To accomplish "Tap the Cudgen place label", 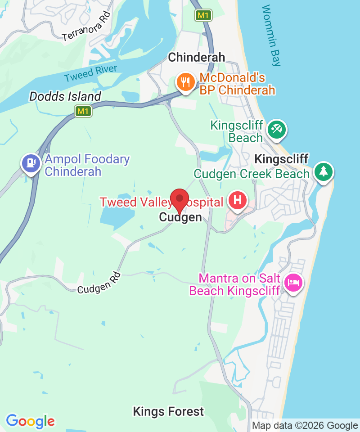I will point(180,218).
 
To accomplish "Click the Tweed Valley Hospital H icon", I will point(238,200).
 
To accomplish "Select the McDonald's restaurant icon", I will point(185,82).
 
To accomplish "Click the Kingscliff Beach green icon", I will point(275,130).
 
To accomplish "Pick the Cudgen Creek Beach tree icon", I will point(323,172).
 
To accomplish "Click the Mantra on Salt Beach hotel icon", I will point(293,283).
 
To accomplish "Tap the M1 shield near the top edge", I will point(203,15).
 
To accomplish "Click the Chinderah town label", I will point(196,57).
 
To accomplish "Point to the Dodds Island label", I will point(65,96).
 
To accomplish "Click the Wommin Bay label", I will point(271,35).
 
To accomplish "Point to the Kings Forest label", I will point(168,411).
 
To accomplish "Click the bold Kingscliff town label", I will point(281,159).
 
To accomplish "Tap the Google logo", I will point(30,421).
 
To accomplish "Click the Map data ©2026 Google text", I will point(305,425).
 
